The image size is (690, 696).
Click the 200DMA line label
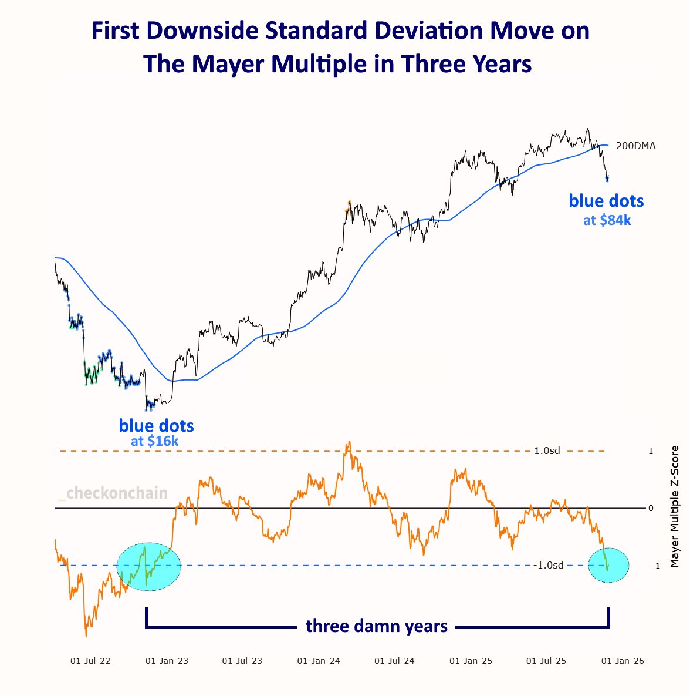click(635, 146)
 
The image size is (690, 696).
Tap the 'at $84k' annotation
click(607, 221)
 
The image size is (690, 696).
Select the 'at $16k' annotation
click(155, 441)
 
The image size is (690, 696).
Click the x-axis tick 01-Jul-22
click(90, 661)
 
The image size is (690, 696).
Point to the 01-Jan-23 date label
click(167, 661)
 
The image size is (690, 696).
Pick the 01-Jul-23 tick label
click(242, 661)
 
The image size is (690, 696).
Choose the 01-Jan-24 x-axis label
click(319, 661)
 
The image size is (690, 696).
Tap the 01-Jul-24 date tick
click(394, 661)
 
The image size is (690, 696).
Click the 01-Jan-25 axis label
click(471, 661)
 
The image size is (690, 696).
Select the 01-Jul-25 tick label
click(546, 661)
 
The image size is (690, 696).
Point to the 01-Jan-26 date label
click(623, 661)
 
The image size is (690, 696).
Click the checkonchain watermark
click(117, 493)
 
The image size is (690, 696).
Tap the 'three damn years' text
click(377, 626)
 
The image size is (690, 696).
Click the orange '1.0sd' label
click(547, 451)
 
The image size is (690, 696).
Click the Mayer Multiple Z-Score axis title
click(674, 506)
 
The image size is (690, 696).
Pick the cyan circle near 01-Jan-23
click(150, 566)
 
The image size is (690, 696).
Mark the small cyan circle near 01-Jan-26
click(608, 565)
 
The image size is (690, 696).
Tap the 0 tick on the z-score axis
click(651, 508)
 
